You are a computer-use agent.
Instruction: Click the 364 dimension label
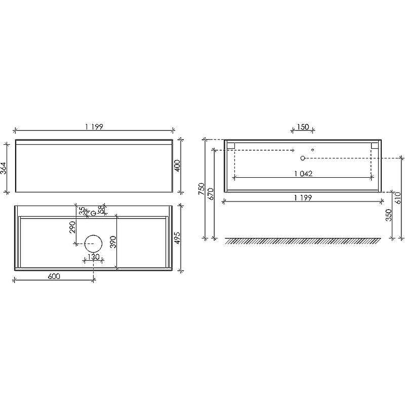click(4, 168)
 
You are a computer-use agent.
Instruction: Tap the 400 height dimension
click(178, 166)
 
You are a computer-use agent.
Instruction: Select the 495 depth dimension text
click(178, 238)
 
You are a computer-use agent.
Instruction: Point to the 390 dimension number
click(113, 242)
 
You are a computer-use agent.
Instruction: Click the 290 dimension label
click(72, 227)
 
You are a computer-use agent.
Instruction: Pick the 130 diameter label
click(93, 257)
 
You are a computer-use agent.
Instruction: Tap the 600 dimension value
click(54, 276)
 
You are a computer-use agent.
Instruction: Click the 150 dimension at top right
click(303, 127)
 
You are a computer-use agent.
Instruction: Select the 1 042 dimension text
click(303, 174)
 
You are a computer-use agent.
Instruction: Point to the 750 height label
click(201, 189)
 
